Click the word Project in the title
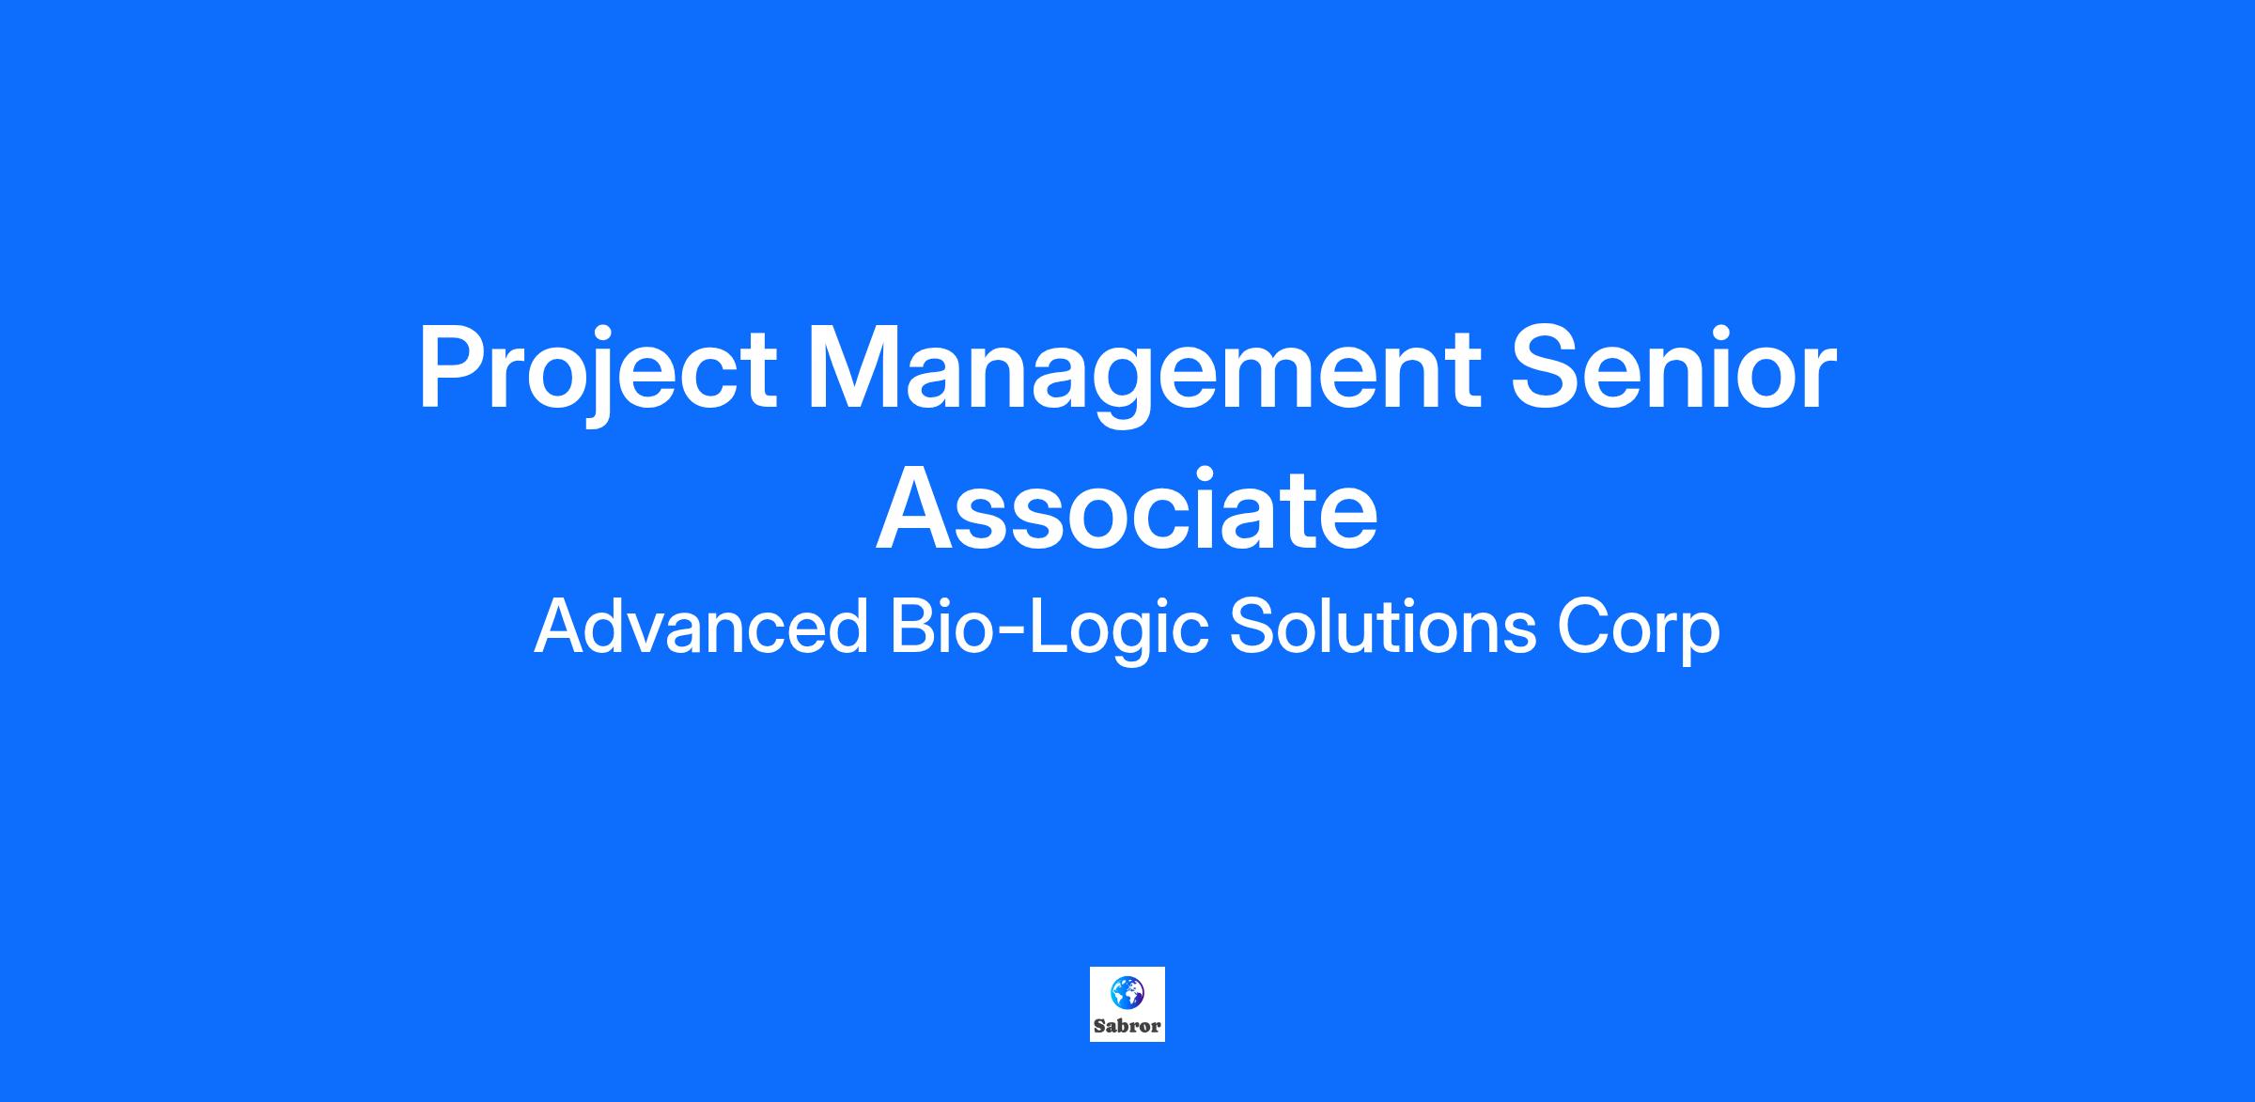599,372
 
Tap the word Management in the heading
1144,372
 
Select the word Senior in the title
1673,366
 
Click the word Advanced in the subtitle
701,627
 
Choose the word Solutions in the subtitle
1382,627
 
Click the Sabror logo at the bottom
1127,1004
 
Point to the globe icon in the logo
1127,992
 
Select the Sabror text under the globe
1127,1026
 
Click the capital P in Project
455,366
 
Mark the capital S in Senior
1547,366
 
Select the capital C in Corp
1584,627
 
